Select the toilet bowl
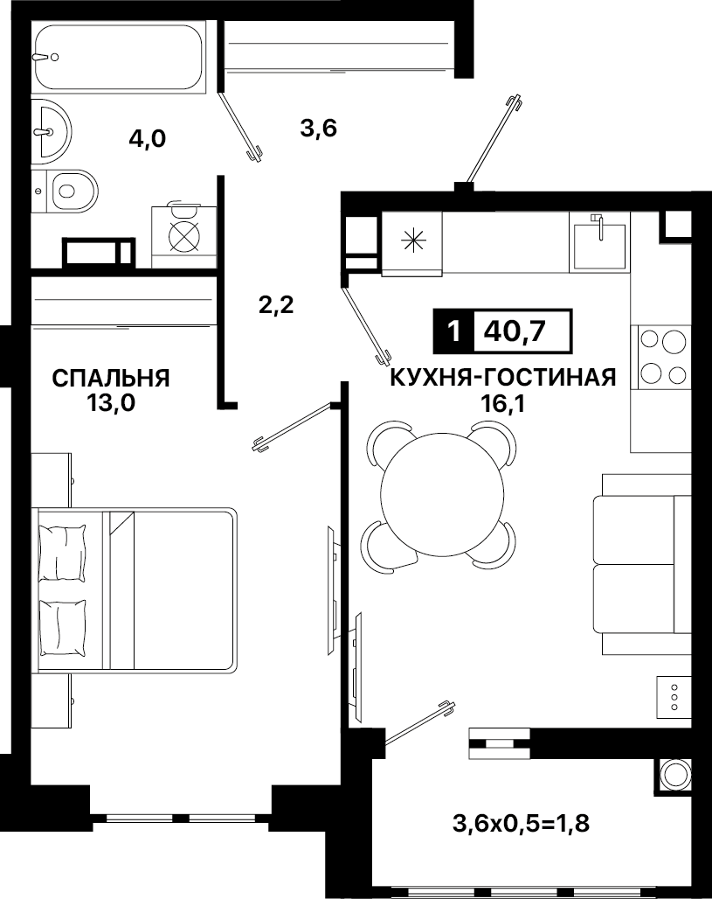pos(65,191)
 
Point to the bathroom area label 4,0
pos(148,138)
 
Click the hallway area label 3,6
pos(319,128)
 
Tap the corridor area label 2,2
pos(276,304)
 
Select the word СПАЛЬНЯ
pos(111,379)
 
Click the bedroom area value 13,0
pos(111,403)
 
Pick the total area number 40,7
pos(515,331)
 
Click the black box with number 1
pos(454,331)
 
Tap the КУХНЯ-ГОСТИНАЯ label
pos(503,378)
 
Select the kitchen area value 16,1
pos(504,404)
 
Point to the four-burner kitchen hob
pos(660,357)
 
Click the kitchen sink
pos(599,242)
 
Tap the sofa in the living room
pos(641,564)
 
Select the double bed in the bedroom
pos(135,590)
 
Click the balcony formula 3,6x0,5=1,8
pos(522,824)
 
